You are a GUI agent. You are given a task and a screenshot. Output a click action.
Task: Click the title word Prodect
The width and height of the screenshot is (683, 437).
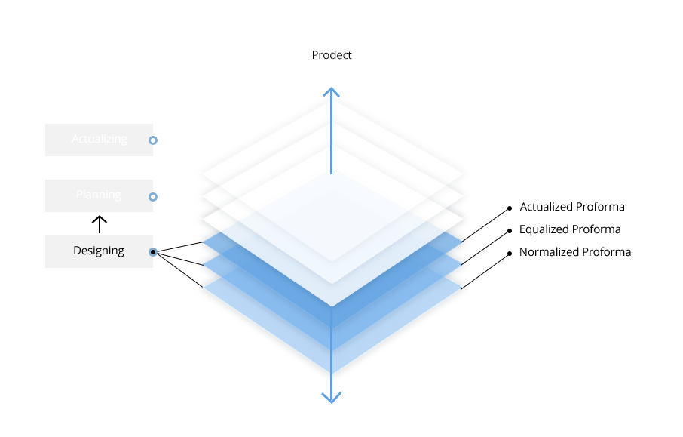332,55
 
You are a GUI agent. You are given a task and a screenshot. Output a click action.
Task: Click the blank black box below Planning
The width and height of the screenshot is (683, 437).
98,252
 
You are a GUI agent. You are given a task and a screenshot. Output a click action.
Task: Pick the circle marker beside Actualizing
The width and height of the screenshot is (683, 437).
153,140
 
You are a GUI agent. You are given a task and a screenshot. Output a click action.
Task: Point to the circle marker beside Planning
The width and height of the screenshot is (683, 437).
153,197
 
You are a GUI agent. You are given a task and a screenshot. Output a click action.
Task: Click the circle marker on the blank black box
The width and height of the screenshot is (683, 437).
153,252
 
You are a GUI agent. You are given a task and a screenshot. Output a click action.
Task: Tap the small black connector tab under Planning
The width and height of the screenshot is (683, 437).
99,220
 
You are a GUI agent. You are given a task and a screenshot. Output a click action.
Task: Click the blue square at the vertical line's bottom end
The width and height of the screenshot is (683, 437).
331,398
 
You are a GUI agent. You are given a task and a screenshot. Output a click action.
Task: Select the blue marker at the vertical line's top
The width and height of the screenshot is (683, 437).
331,91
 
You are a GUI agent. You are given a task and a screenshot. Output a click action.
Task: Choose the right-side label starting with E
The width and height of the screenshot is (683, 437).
570,229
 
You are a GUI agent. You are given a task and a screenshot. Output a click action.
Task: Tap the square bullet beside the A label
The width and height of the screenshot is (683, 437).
510,207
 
